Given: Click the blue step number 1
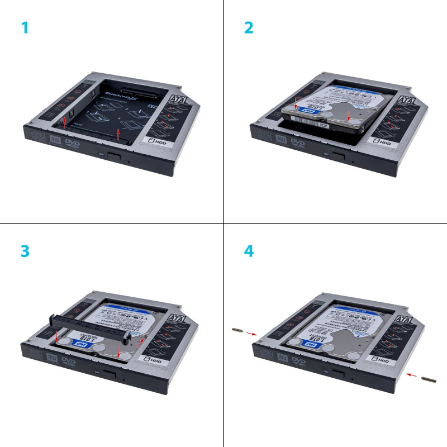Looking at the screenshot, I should coord(24,27).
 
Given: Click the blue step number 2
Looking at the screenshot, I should coord(249,27).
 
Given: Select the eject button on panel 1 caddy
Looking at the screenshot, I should coord(116,154).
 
